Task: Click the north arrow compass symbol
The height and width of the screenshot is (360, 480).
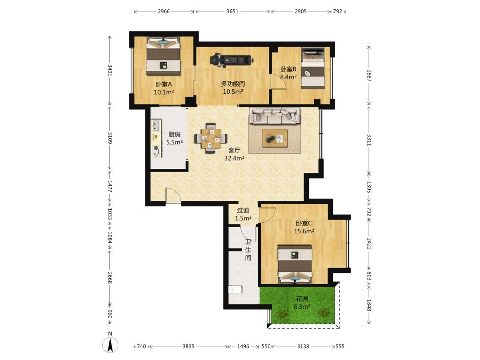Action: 110,345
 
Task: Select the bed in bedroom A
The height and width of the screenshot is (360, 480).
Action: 164,56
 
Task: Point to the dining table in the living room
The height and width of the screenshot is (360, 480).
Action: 211,138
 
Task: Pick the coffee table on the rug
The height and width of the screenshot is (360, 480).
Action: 275,138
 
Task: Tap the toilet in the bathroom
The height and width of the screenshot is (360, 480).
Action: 235,289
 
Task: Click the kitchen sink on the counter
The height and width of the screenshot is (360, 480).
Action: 156,125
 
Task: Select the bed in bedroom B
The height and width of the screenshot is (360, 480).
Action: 313,68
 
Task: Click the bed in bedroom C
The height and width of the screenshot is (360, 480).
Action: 295,264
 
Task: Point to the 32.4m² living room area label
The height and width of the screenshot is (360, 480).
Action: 234,158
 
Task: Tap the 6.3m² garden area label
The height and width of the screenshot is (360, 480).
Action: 302,307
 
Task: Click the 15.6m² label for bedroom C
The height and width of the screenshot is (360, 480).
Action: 304,232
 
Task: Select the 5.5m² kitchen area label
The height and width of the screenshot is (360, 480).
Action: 175,142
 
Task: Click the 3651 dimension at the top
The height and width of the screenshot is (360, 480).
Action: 232,12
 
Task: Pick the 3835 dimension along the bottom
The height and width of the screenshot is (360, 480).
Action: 188,347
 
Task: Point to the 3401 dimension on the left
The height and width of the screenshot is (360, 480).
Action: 110,70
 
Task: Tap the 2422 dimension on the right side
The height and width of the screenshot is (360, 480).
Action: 369,244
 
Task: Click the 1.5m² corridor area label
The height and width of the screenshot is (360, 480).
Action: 244,218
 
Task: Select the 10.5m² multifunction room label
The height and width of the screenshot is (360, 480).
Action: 233,92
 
